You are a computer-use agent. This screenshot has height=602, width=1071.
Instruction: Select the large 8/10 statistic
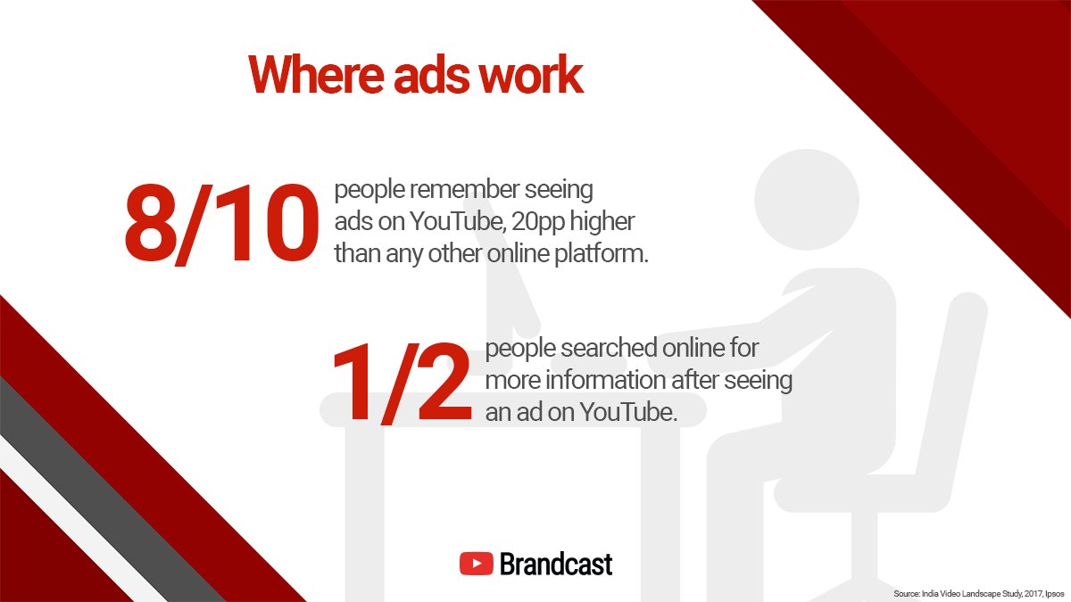click(x=220, y=224)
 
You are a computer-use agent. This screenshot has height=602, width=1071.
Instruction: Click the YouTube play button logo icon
click(x=477, y=564)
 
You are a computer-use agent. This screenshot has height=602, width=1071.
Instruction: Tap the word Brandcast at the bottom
click(x=556, y=564)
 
